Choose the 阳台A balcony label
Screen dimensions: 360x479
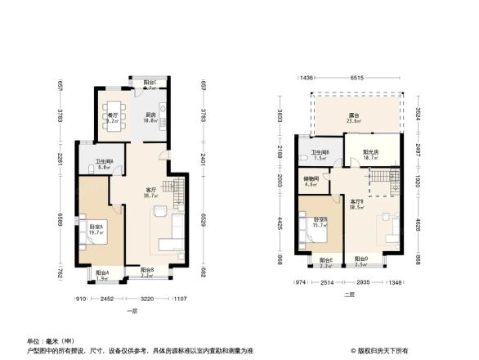[101, 273]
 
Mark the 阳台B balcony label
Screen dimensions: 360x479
[147, 271]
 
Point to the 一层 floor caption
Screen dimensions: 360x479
[131, 312]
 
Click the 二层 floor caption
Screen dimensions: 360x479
[349, 294]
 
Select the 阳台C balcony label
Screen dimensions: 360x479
[150, 83]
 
